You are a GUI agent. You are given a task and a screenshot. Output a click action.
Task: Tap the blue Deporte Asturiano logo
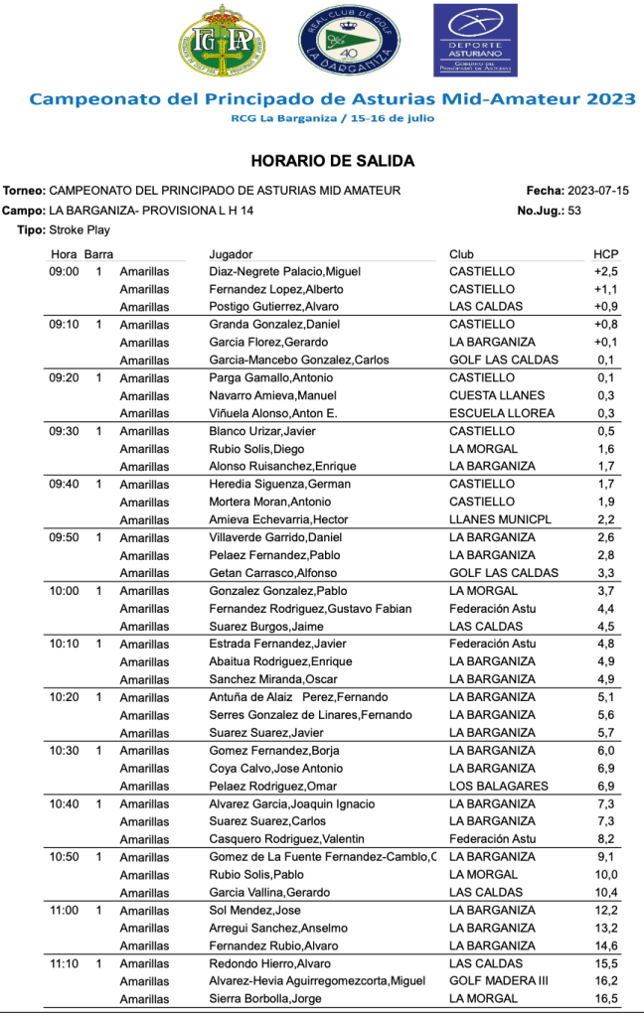tap(474, 40)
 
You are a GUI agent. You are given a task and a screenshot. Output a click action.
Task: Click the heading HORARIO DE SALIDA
tap(332, 161)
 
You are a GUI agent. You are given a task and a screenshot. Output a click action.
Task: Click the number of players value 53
tap(574, 211)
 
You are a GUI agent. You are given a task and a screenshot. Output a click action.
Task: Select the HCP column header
tap(605, 254)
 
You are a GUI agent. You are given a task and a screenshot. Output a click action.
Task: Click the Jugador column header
tap(231, 254)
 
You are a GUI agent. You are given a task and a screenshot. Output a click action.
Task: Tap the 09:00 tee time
tap(65, 271)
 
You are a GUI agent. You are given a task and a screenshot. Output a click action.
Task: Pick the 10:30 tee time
tap(65, 751)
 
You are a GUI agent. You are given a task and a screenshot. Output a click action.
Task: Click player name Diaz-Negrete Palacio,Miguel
tap(284, 271)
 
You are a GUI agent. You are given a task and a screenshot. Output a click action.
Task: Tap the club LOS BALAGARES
tap(498, 787)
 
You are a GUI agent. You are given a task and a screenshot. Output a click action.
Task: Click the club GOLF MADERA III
tap(500, 981)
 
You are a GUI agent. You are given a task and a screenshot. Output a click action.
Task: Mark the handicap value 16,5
tap(606, 999)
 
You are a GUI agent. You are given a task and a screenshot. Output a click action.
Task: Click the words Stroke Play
tap(79, 229)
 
